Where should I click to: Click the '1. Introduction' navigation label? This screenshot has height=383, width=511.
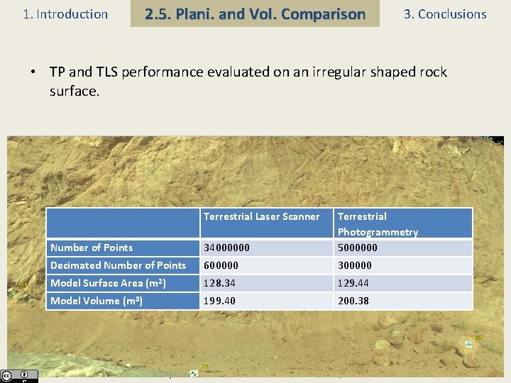[65, 14]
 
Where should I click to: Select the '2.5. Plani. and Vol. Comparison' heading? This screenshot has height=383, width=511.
[255, 14]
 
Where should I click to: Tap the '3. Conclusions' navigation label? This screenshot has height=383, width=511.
[445, 14]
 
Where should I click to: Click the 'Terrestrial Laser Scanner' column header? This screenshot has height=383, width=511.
[261, 216]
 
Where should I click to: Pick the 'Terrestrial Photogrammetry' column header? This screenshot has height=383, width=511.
[378, 224]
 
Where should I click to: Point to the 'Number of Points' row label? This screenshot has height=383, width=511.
[92, 248]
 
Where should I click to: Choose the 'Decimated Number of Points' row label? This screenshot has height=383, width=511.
[118, 265]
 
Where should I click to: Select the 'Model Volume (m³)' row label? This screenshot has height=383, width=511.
[96, 301]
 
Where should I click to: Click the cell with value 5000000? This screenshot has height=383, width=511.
[358, 248]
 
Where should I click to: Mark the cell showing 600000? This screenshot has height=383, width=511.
[221, 265]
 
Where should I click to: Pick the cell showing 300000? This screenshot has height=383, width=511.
[355, 265]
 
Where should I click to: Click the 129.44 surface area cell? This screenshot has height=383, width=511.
[353, 283]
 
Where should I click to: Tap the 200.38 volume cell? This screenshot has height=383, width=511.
[353, 301]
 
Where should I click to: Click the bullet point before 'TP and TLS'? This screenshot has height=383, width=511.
[33, 72]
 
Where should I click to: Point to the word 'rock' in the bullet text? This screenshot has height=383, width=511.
[432, 72]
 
